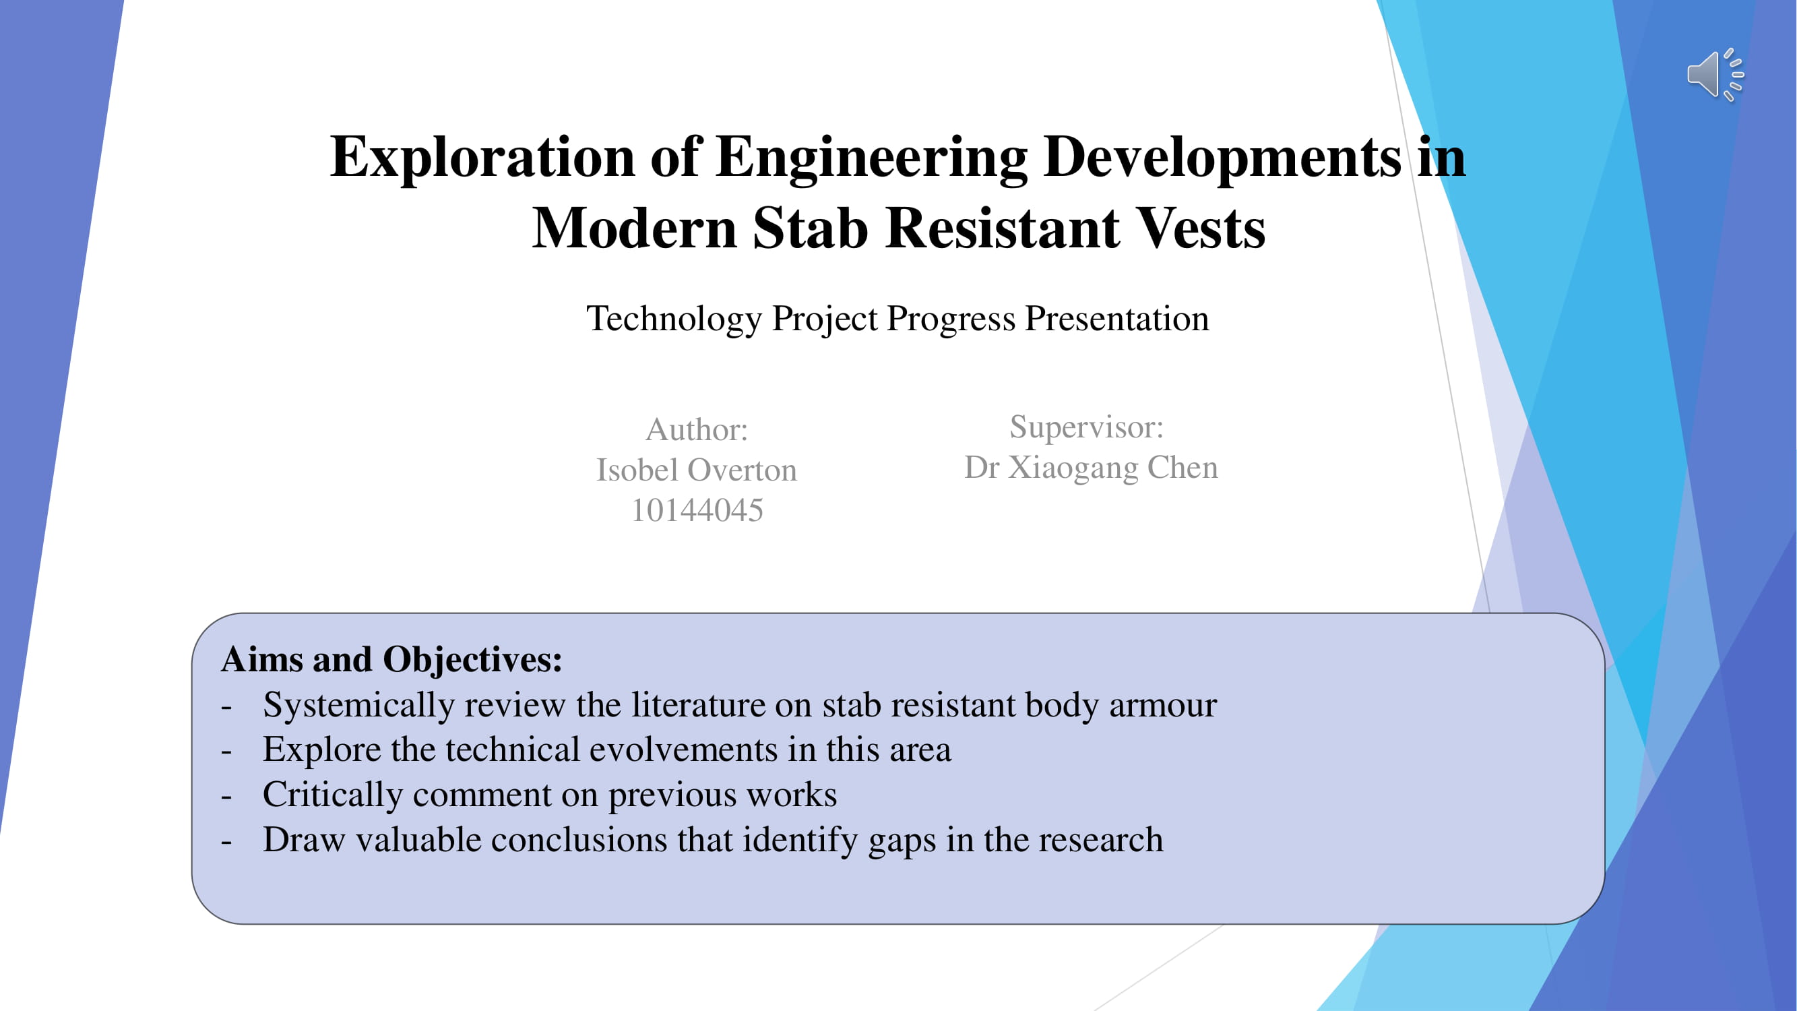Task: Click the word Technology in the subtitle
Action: tap(674, 319)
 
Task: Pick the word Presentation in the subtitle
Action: tap(1117, 319)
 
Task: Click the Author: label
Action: tap(696, 429)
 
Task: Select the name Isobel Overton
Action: tap(696, 470)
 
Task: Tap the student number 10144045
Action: tap(697, 510)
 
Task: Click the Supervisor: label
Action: tap(1086, 427)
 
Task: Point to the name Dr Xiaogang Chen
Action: tap(1091, 468)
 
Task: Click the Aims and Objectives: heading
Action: tap(391, 660)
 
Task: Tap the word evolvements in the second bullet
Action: tap(684, 750)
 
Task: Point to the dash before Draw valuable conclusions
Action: tap(226, 842)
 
